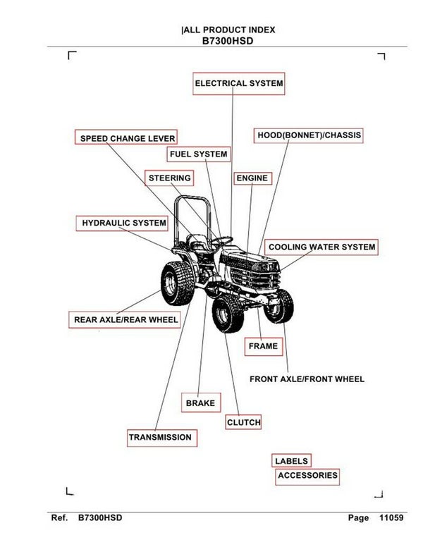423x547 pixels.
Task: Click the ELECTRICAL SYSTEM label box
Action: click(239, 83)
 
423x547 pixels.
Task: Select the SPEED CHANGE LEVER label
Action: click(127, 138)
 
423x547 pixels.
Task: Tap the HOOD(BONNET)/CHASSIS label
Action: click(309, 135)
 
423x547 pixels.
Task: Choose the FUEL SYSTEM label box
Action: click(198, 154)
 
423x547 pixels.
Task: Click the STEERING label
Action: click(169, 178)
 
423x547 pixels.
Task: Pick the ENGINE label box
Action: click(252, 178)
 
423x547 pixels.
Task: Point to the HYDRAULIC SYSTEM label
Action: click(124, 223)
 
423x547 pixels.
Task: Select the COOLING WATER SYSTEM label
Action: click(321, 247)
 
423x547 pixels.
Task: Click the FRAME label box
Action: click(263, 346)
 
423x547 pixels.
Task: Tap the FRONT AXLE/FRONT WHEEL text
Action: click(307, 379)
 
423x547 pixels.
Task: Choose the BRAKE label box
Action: click(200, 403)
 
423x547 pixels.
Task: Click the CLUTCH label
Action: click(243, 422)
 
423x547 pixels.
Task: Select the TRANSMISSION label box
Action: click(160, 438)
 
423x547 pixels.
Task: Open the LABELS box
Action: click(291, 461)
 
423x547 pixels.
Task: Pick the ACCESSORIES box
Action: click(307, 476)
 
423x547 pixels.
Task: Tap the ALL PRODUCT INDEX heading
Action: click(228, 30)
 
